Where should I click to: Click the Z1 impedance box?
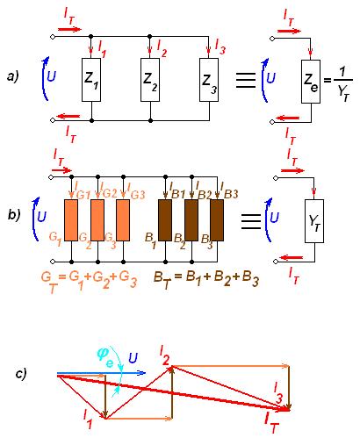tap(91, 80)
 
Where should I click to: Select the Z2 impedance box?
tap(150, 80)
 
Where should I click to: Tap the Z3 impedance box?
tap(209, 80)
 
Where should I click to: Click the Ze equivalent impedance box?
tap(311, 82)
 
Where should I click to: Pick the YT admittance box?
tap(314, 221)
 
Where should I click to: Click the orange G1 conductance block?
tap(71, 220)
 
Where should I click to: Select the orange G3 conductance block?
tap(123, 220)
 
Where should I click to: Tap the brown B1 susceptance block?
tap(165, 220)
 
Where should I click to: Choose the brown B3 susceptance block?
tap(217, 220)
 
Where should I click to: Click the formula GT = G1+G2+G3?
tap(89, 280)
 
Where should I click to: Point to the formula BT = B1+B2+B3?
tap(206, 280)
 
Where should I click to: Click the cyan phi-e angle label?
tap(105, 357)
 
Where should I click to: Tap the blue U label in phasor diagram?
tap(133, 358)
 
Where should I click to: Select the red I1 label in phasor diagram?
tap(88, 419)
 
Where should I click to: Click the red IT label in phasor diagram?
tap(270, 422)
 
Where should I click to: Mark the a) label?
tap(13, 76)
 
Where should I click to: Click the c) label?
tap(20, 374)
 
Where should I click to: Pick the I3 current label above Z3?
tap(220, 47)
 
